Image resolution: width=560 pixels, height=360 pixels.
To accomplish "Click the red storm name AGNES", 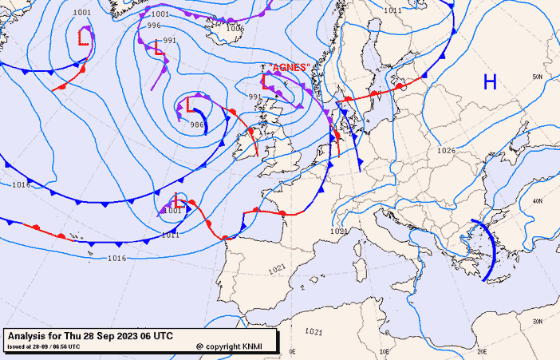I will (x=289, y=68).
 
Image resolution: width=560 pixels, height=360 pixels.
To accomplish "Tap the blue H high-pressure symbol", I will (x=490, y=81).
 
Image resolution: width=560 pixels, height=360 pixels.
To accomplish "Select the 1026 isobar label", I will (x=446, y=151).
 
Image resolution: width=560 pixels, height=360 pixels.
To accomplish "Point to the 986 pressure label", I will (x=197, y=125).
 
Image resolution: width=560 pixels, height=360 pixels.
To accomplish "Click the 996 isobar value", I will (x=154, y=26).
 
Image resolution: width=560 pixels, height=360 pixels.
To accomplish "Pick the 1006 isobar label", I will (x=235, y=28).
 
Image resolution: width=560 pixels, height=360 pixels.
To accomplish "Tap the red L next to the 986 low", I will (x=189, y=105).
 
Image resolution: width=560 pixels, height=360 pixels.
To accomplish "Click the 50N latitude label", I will (x=538, y=77).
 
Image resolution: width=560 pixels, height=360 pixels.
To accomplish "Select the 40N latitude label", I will (x=538, y=200).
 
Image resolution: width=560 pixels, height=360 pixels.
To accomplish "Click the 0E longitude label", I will (x=291, y=351).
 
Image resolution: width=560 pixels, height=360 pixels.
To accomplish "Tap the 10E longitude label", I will (x=385, y=351).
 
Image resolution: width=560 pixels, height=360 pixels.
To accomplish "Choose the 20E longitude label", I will (x=481, y=351).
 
